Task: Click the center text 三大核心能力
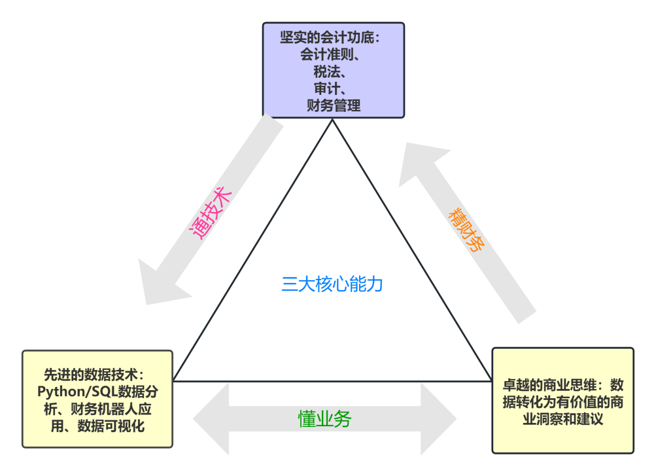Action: point(332,285)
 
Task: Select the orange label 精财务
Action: point(466,230)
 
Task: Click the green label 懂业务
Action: point(324,418)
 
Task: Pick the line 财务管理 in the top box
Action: point(334,105)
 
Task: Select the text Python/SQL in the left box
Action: point(69,392)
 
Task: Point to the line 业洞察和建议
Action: point(562,418)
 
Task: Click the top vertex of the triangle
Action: point(332,120)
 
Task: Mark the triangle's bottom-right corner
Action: point(491,380)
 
